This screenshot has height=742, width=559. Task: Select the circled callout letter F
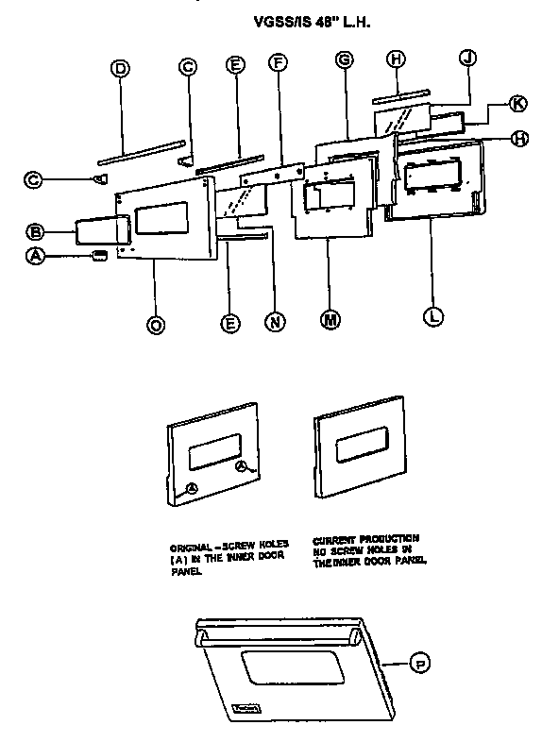point(278,65)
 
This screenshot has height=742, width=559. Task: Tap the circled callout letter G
point(344,59)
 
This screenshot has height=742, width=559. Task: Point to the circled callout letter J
point(466,58)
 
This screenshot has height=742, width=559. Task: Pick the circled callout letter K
point(517,103)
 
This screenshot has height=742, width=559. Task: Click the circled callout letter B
point(34,231)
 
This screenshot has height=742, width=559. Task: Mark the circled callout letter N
point(274,322)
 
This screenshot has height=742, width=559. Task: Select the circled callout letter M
point(330,321)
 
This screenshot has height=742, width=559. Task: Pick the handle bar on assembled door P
point(274,628)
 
